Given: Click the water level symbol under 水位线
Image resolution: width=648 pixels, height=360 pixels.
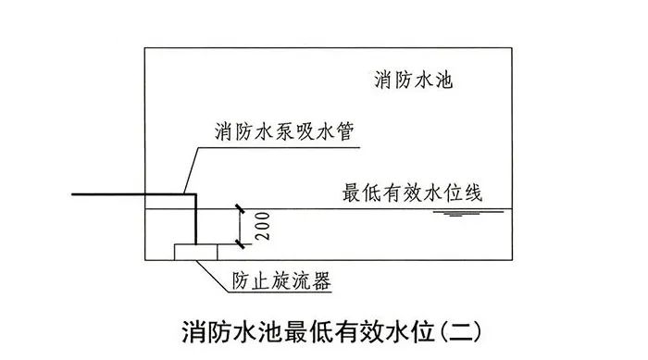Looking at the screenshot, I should click(x=454, y=214).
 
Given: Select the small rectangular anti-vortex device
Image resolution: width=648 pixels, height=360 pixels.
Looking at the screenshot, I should click(x=195, y=249).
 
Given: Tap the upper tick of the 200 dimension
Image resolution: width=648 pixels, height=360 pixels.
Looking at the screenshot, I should click(x=240, y=207).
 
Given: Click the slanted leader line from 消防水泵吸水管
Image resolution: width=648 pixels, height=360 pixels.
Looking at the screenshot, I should click(x=188, y=168).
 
